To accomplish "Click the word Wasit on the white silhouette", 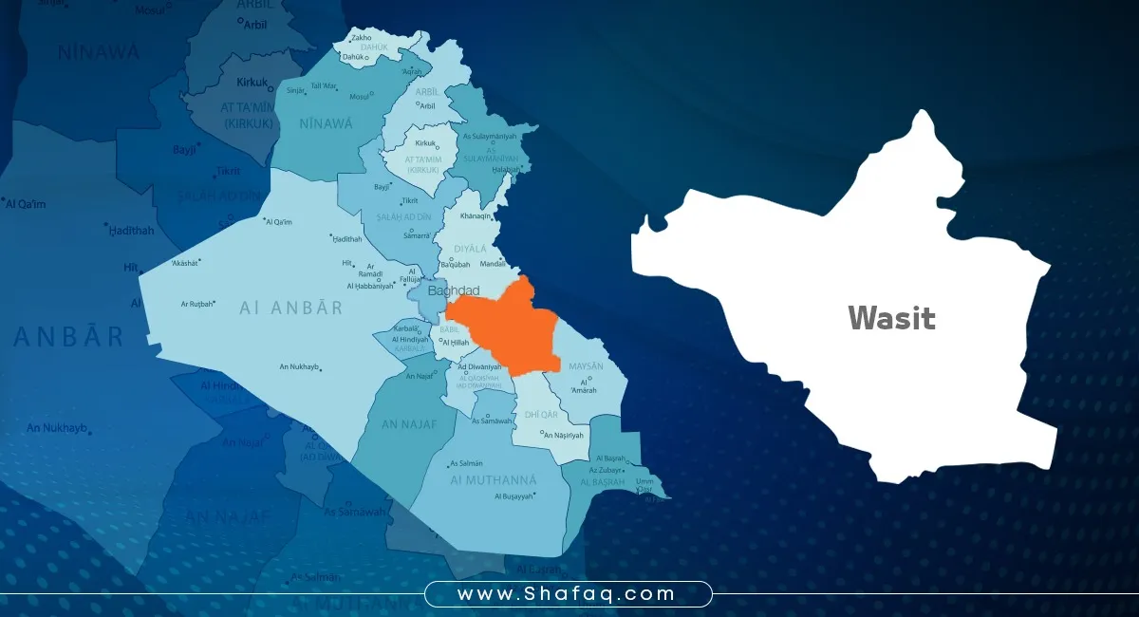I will (891, 318).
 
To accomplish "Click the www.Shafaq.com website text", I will (567, 594).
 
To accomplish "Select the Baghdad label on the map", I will (454, 290).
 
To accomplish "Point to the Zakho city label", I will (362, 38).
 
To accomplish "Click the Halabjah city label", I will (506, 170).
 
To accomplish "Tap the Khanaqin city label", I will (476, 215).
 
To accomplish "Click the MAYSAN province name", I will (585, 365).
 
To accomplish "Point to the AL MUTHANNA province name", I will (493, 480).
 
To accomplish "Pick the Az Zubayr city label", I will (605, 470).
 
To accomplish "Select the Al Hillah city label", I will (456, 342).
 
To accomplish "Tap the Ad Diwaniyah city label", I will (479, 367).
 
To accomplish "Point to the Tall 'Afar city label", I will (324, 86).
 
